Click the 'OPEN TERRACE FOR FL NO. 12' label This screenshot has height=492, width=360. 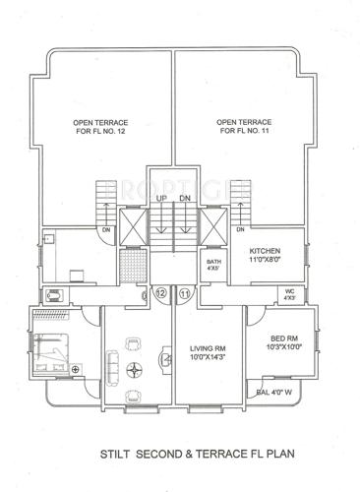tap(100, 127)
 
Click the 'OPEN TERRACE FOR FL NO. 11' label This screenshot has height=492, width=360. tap(244, 127)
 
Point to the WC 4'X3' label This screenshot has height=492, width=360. tap(289, 293)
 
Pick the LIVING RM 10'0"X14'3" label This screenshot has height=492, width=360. tap(209, 354)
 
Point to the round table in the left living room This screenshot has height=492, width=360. tap(138, 372)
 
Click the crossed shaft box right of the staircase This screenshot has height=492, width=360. tap(213, 225)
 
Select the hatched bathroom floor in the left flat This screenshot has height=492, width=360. tap(131, 266)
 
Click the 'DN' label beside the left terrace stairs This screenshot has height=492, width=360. tap(103, 230)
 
